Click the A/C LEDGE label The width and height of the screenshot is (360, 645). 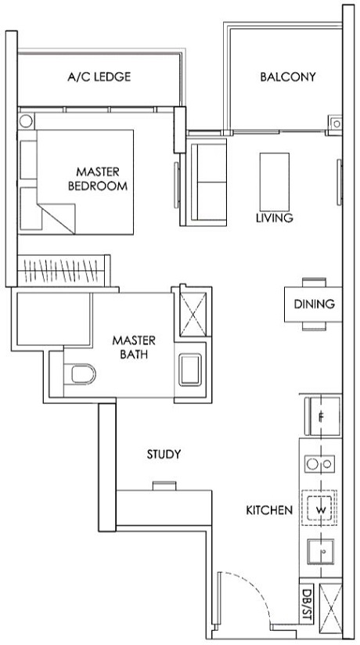pyautogui.click(x=98, y=77)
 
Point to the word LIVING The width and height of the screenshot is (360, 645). pyautogui.click(x=274, y=218)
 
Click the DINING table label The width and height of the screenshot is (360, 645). pyautogui.click(x=314, y=304)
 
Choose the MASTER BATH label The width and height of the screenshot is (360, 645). pyautogui.click(x=133, y=348)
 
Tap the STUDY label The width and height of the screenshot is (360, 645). pyautogui.click(x=164, y=454)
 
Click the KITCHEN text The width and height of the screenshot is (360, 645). pyautogui.click(x=269, y=510)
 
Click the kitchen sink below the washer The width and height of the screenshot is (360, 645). pyautogui.click(x=321, y=553)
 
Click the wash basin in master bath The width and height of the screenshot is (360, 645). pyautogui.click(x=191, y=369)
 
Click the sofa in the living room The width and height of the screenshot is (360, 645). pyautogui.click(x=207, y=178)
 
